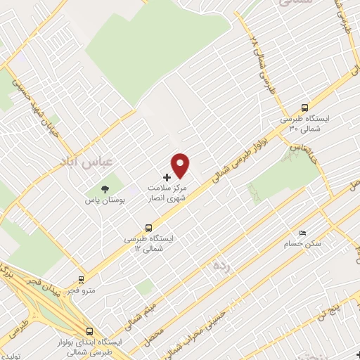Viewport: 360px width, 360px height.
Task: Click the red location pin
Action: pyautogui.click(x=181, y=165)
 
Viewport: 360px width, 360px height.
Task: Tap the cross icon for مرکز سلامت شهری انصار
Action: pyautogui.click(x=167, y=176)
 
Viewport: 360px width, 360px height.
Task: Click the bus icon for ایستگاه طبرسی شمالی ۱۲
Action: pyautogui.click(x=148, y=228)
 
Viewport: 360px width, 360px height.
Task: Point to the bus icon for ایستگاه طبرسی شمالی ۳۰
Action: pyautogui.click(x=304, y=108)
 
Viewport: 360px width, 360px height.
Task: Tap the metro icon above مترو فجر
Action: pyautogui.click(x=83, y=280)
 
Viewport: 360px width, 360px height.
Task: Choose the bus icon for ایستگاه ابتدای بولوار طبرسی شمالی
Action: pyautogui.click(x=89, y=331)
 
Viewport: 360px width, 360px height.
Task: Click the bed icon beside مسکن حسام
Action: pyautogui.click(x=302, y=233)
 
